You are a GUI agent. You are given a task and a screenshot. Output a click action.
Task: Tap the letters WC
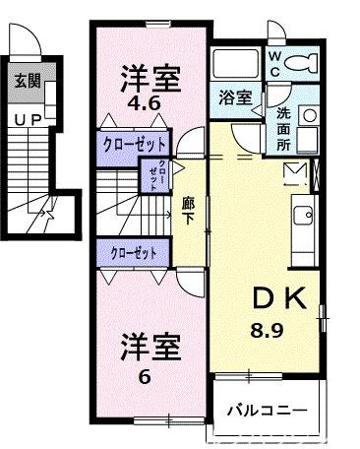(274, 64)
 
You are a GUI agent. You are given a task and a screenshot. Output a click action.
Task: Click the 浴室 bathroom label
(235, 98)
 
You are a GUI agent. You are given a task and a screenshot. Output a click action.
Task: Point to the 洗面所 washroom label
(282, 128)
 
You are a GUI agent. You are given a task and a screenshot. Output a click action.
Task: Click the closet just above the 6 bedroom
(135, 252)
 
